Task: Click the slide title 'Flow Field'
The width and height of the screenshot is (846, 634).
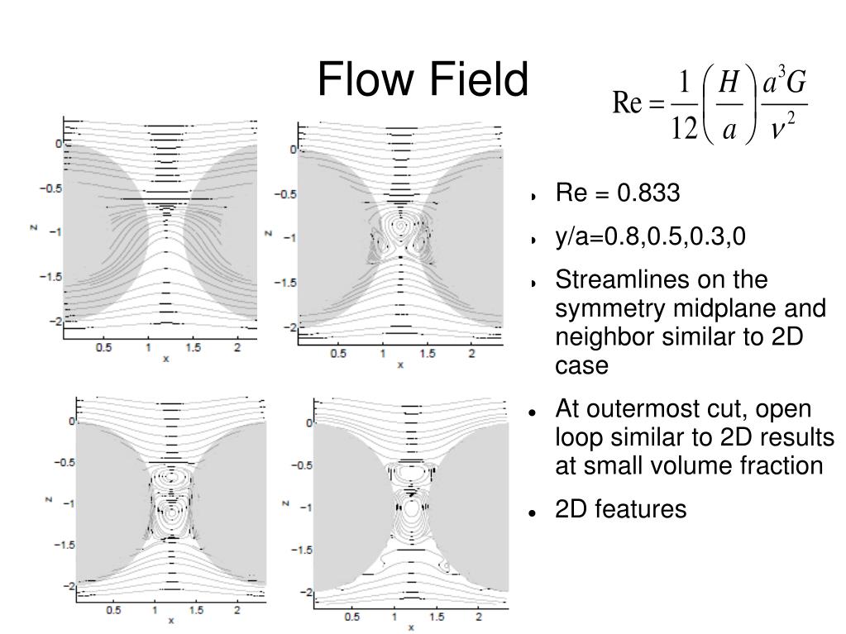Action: pyautogui.click(x=422, y=81)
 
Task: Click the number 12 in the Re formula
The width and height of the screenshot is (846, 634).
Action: pyautogui.click(x=683, y=131)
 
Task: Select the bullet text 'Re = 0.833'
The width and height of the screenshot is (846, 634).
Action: pyautogui.click(x=618, y=193)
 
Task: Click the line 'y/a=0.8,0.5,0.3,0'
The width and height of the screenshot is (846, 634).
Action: pyautogui.click(x=651, y=237)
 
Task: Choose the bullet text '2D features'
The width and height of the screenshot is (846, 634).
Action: pyautogui.click(x=621, y=509)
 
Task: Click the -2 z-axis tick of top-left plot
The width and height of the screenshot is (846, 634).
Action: pyautogui.click(x=55, y=321)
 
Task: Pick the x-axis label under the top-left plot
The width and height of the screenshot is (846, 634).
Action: pyautogui.click(x=165, y=358)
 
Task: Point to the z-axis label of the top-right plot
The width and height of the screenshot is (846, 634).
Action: pyautogui.click(x=269, y=233)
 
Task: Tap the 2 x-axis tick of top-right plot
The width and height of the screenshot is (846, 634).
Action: pyautogui.click(x=472, y=354)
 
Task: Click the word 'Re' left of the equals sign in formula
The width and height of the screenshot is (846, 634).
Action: pyautogui.click(x=626, y=105)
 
